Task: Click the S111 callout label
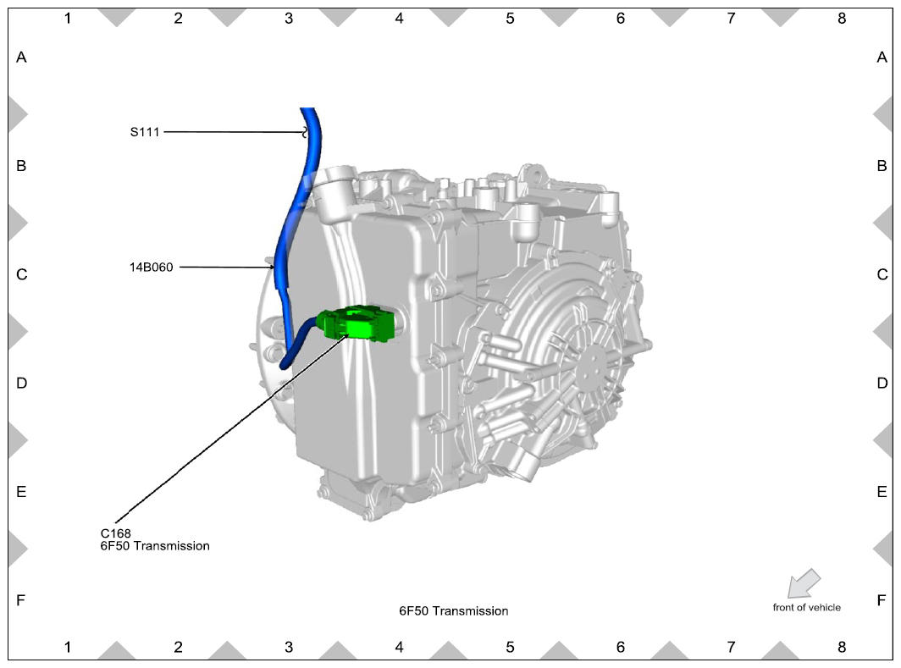(145, 132)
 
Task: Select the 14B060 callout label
(151, 267)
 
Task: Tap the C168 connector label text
(115, 533)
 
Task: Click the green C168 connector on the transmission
(357, 323)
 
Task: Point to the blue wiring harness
(290, 229)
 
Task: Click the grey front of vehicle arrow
(804, 583)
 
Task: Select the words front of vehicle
(807, 608)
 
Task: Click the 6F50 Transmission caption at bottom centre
(454, 611)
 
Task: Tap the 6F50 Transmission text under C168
(155, 546)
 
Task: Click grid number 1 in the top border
(68, 19)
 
